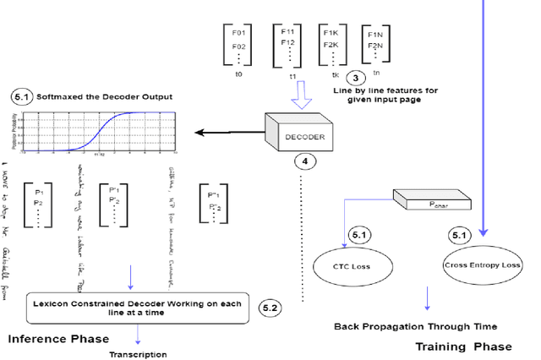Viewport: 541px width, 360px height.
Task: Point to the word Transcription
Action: (138, 354)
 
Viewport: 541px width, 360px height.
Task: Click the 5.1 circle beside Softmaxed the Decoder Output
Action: (20, 97)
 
